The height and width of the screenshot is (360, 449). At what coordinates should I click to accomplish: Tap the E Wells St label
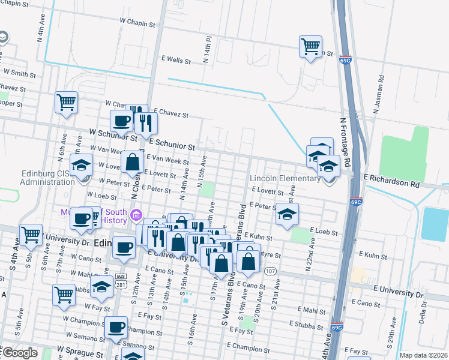click(x=176, y=61)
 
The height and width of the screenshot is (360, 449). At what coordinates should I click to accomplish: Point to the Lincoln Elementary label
click(x=285, y=178)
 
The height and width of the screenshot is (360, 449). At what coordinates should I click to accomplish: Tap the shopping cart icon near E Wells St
click(x=310, y=46)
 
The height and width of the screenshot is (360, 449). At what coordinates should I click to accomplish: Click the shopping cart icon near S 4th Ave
click(x=31, y=235)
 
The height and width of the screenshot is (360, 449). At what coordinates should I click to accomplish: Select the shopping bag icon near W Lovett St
click(x=131, y=161)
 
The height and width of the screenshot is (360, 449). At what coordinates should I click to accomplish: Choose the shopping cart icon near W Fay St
click(x=64, y=295)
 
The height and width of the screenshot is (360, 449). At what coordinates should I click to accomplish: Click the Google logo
click(x=19, y=353)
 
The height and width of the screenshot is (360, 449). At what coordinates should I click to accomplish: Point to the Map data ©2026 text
click(x=424, y=355)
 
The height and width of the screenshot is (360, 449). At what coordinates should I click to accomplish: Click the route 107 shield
click(x=271, y=272)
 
